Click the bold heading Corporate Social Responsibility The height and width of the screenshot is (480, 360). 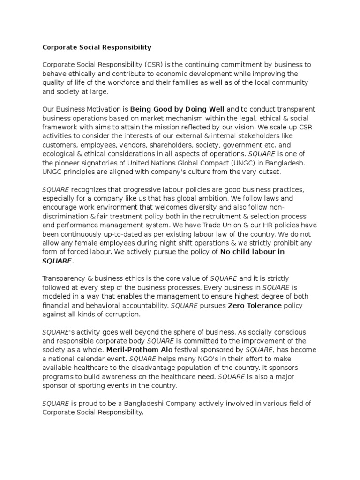click(x=97, y=47)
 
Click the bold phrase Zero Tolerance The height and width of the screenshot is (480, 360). click(x=255, y=306)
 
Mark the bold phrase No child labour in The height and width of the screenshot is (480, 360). click(x=252, y=252)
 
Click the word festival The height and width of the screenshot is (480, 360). click(x=181, y=350)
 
